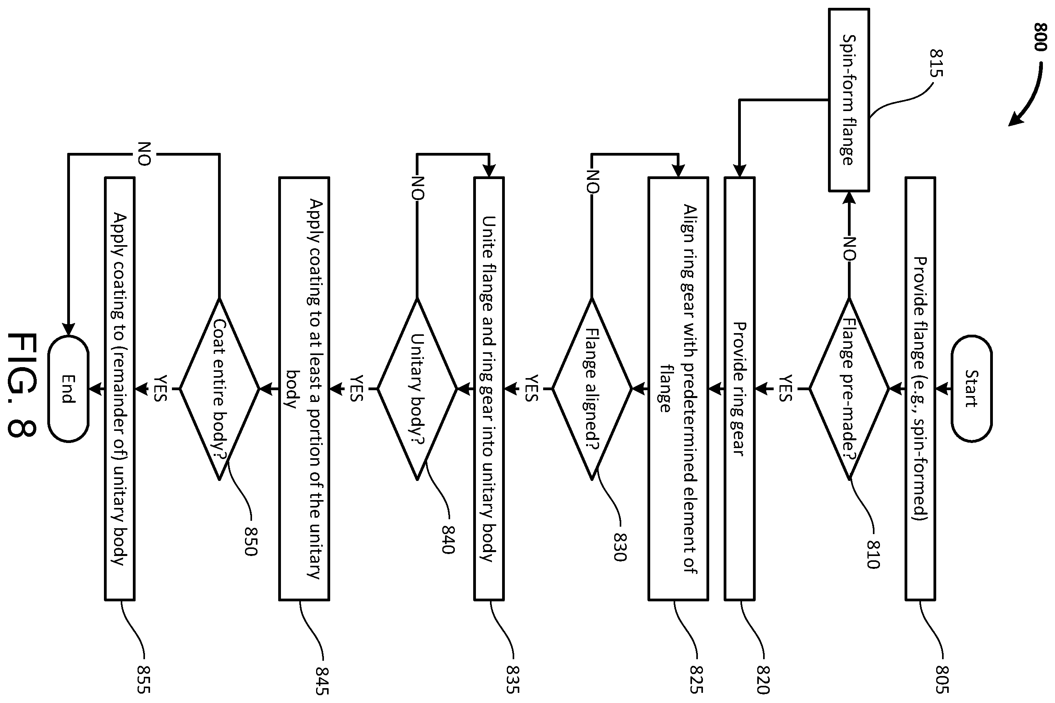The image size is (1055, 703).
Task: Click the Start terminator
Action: (x=971, y=388)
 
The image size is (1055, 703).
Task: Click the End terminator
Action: (x=68, y=389)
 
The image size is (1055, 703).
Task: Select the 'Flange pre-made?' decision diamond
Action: (x=849, y=389)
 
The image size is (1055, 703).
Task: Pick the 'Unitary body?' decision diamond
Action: (x=417, y=389)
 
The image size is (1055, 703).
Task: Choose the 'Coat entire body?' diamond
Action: (x=220, y=389)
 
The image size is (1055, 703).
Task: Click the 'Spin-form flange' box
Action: (x=849, y=100)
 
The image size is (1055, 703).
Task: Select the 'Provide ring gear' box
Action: (x=740, y=388)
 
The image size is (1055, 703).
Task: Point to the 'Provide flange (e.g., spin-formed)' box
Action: (x=920, y=388)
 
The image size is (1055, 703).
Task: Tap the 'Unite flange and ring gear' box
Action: (x=489, y=388)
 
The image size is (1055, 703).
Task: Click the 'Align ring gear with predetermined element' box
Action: (x=678, y=388)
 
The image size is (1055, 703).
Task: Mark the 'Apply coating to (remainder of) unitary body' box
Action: (x=120, y=388)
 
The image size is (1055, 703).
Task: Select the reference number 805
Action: (x=942, y=679)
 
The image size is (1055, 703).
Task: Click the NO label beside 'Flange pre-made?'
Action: (x=849, y=249)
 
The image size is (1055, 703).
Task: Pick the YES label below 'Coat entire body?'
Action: (x=160, y=388)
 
